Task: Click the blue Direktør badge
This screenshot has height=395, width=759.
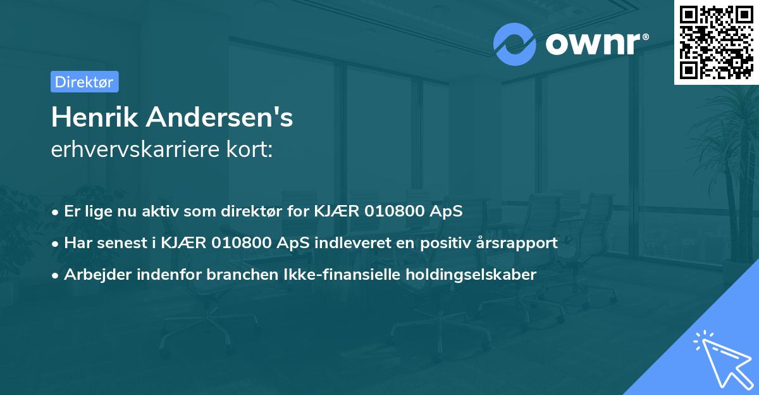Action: pos(84,82)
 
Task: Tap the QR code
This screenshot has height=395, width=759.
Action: pos(716,42)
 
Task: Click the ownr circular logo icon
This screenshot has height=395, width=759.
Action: pos(515,44)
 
